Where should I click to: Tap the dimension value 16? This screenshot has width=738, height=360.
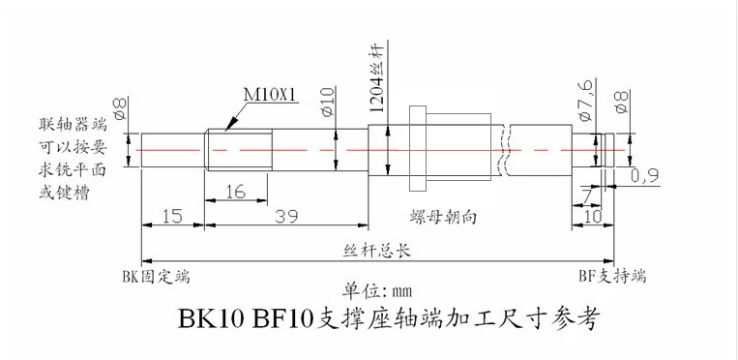[x=235, y=193]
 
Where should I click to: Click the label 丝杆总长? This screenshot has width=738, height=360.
[x=378, y=250]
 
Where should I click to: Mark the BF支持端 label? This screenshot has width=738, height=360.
[x=613, y=274]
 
